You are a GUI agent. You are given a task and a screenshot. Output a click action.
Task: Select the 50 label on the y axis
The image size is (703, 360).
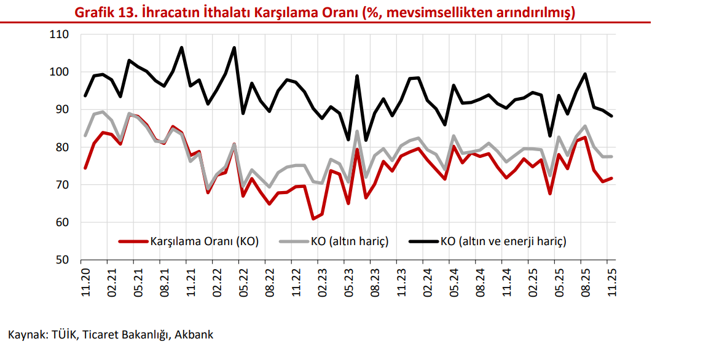point(62,260)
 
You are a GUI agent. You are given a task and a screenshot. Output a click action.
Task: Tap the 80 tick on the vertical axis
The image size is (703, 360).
point(62,147)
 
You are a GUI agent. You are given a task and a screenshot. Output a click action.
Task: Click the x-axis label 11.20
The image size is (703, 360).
point(85,282)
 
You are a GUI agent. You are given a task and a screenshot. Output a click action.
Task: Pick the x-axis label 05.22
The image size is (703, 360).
point(243,282)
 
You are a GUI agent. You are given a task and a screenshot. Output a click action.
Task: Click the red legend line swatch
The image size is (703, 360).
point(134,241)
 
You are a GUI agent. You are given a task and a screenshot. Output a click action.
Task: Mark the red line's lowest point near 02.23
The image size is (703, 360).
point(313,219)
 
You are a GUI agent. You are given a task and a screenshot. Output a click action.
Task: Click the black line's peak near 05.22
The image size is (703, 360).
point(234,48)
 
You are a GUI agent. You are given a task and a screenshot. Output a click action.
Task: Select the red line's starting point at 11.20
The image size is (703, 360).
point(85,168)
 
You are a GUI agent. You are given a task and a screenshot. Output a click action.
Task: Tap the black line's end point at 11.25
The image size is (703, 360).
point(611,116)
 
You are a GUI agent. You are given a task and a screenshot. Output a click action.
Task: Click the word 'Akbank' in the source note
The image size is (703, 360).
point(194,335)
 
